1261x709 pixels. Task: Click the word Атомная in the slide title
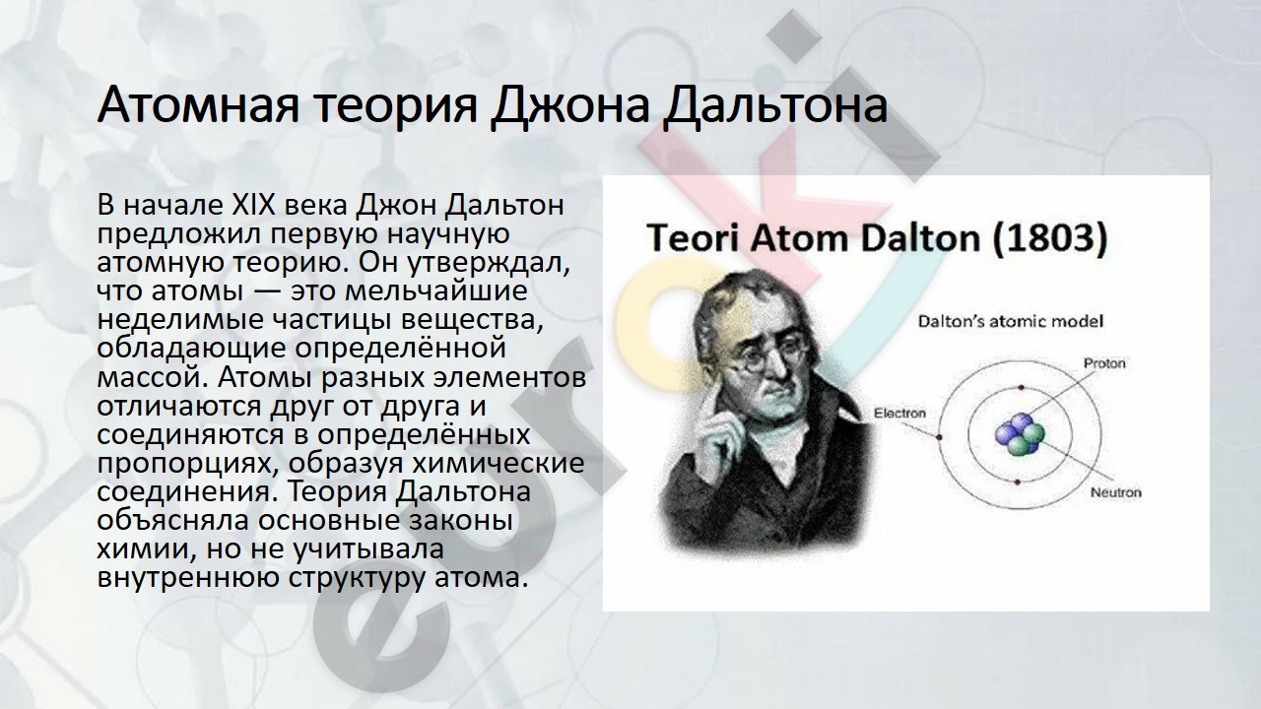pyautogui.click(x=198, y=105)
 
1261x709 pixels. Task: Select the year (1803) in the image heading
pyautogui.click(x=1050, y=238)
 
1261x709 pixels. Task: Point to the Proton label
pyautogui.click(x=1104, y=363)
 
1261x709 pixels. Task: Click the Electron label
pyautogui.click(x=899, y=413)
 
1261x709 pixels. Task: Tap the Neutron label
pyautogui.click(x=1116, y=492)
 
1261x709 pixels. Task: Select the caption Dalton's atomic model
pyautogui.click(x=1011, y=321)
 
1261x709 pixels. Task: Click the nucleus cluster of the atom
pyautogui.click(x=1020, y=434)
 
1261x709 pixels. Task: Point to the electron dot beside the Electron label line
pyautogui.click(x=939, y=437)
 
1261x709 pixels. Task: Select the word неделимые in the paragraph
pyautogui.click(x=180, y=320)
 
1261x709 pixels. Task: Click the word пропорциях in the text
pyautogui.click(x=186, y=464)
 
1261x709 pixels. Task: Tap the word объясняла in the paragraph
pyautogui.click(x=172, y=520)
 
